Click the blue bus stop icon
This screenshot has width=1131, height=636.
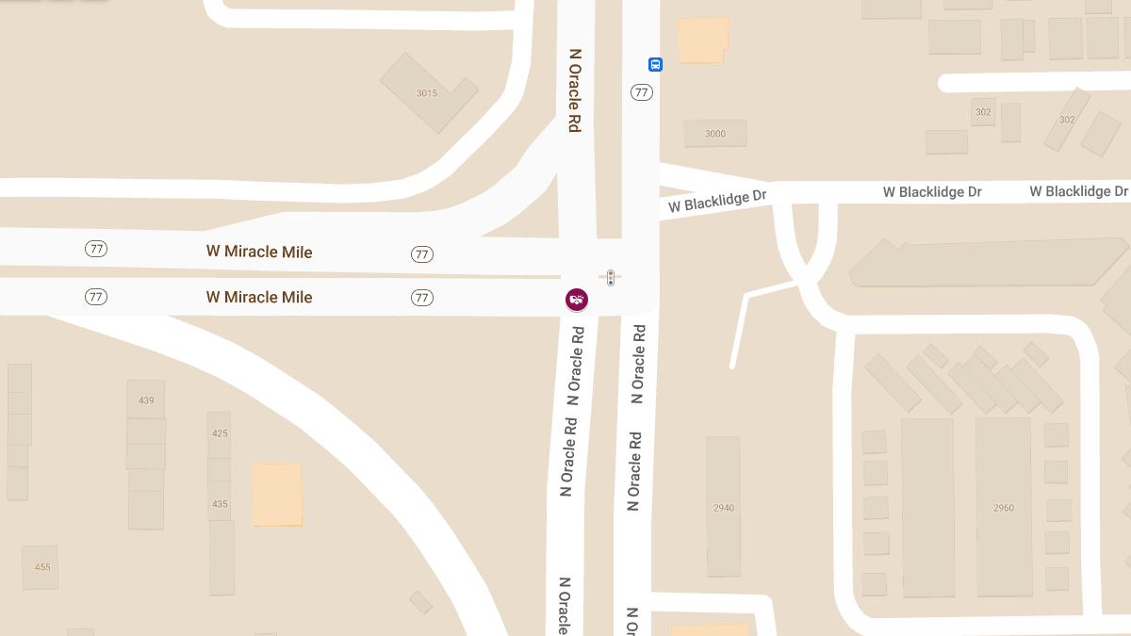(655, 64)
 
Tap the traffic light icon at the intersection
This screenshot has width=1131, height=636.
(611, 277)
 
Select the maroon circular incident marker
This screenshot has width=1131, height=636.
(577, 300)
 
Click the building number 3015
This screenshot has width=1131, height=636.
(427, 92)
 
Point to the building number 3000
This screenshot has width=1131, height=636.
(715, 134)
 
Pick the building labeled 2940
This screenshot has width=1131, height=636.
(723, 508)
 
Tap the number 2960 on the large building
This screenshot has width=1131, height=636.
(1004, 508)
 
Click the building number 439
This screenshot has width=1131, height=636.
(146, 400)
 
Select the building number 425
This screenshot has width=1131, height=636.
(220, 433)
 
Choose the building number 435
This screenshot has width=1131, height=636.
(220, 504)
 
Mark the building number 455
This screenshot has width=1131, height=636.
(42, 567)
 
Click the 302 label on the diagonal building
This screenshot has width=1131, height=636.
(1067, 120)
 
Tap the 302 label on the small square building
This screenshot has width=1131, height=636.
(983, 112)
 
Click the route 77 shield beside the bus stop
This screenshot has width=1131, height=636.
(642, 92)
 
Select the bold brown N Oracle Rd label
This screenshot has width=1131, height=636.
(574, 90)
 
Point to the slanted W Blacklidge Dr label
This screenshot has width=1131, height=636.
(717, 201)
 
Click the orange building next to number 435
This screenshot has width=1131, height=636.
(277, 494)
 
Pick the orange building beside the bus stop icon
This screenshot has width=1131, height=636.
(703, 40)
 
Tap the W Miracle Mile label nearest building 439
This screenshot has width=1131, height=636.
(259, 297)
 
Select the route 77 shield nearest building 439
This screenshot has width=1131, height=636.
(95, 297)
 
